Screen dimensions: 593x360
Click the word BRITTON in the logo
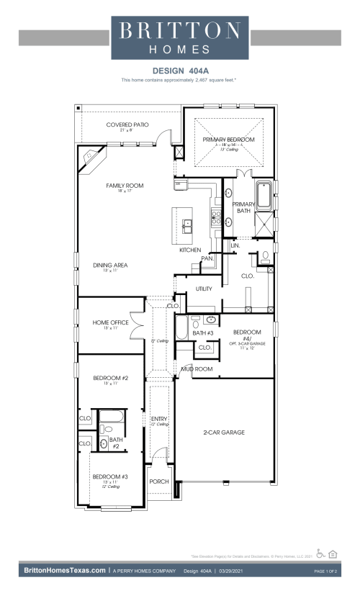(x=180, y=30)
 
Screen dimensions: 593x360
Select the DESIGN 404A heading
(x=180, y=71)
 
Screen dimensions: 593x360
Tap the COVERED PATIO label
(x=127, y=125)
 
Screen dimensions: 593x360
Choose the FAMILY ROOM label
(x=125, y=186)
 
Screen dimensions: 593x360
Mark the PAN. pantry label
(x=207, y=258)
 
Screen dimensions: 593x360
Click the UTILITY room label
(x=204, y=289)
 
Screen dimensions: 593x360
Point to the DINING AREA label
(x=110, y=265)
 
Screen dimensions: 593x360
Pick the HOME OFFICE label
(x=111, y=322)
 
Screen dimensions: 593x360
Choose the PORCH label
(x=158, y=481)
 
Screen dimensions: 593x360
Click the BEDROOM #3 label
(x=110, y=476)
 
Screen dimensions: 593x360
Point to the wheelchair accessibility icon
(x=320, y=553)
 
